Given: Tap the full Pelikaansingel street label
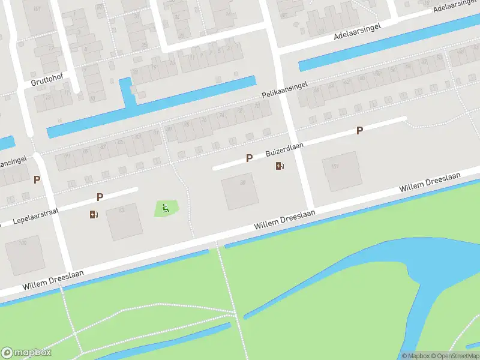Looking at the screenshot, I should (x=284, y=90).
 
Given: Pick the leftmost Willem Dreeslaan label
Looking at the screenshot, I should (x=53, y=280).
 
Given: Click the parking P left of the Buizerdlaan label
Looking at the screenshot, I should (x=249, y=158).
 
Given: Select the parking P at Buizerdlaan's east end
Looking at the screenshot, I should (x=359, y=130).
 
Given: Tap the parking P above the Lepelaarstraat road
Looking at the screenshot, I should (x=100, y=197).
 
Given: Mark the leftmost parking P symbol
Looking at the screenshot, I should (x=37, y=179).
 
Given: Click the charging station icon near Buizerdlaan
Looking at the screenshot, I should (x=280, y=166).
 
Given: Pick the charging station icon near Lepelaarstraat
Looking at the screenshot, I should (x=93, y=214).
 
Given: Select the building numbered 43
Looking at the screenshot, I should (x=124, y=221).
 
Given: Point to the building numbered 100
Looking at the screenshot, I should (x=24, y=254).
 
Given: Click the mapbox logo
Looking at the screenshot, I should (x=26, y=353).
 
